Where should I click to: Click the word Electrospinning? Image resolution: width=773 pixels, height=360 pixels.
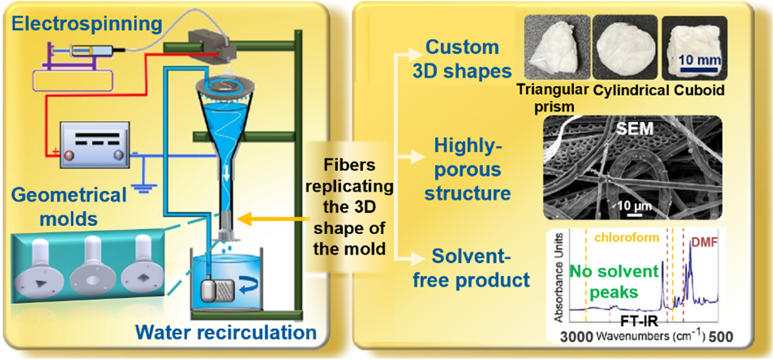87,24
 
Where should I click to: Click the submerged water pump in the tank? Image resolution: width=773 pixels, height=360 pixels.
218,290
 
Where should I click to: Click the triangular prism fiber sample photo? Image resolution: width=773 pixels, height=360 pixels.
556,47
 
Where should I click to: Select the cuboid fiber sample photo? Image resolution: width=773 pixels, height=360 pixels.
694,48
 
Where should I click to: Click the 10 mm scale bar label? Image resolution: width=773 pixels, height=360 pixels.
699,60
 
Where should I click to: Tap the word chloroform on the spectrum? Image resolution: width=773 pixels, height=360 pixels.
626,237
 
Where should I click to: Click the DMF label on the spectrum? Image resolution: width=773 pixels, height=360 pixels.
704,242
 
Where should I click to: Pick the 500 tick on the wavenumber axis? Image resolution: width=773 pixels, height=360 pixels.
721,337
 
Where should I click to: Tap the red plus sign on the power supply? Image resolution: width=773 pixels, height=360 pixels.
55,152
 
